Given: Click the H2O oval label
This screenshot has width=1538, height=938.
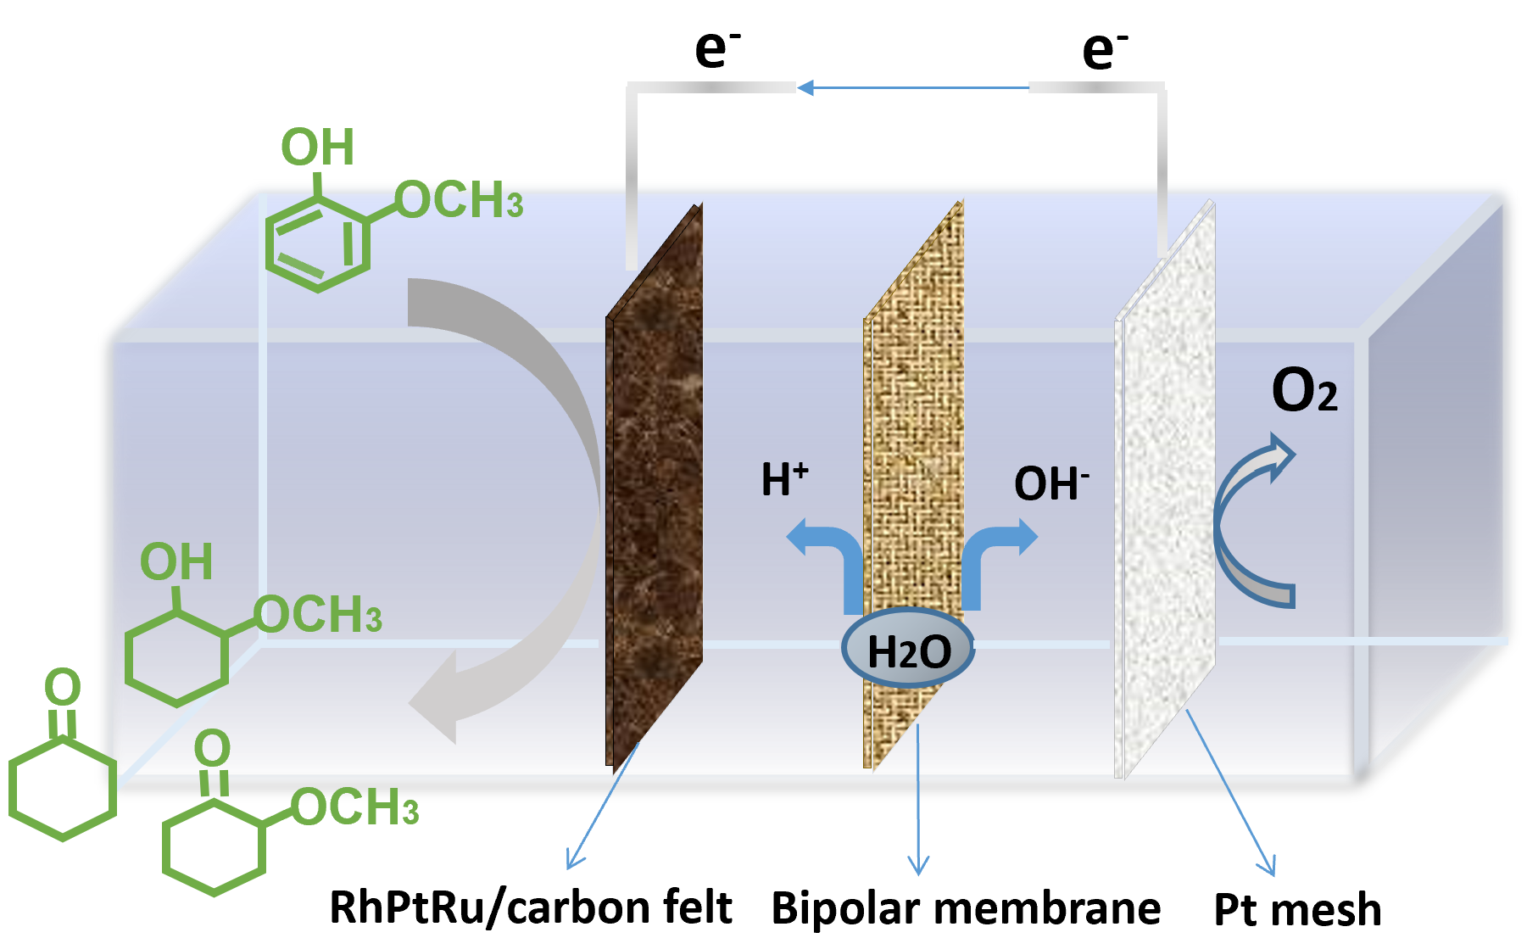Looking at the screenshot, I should pyautogui.click(x=908, y=649).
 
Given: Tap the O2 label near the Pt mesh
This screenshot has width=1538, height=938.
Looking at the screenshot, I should pyautogui.click(x=1304, y=392).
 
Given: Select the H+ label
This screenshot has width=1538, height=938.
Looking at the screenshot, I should pyautogui.click(x=784, y=479).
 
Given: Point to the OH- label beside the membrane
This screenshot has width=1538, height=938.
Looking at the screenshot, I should pyautogui.click(x=1050, y=483).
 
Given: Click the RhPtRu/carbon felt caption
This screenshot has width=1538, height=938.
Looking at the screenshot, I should pyautogui.click(x=531, y=907).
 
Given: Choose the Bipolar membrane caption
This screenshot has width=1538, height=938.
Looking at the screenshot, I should pyautogui.click(x=966, y=908).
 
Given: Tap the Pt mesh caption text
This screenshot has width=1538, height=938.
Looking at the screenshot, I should pyautogui.click(x=1297, y=910).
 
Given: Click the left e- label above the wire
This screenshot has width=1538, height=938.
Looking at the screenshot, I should pyautogui.click(x=717, y=49).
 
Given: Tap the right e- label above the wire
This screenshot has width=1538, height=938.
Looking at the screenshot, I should pyautogui.click(x=1105, y=49).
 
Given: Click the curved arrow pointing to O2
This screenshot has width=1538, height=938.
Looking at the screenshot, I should pyautogui.click(x=1246, y=517).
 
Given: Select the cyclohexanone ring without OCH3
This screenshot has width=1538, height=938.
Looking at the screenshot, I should pyautogui.click(x=62, y=789).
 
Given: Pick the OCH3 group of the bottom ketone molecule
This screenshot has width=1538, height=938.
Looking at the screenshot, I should pyautogui.click(x=355, y=807).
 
